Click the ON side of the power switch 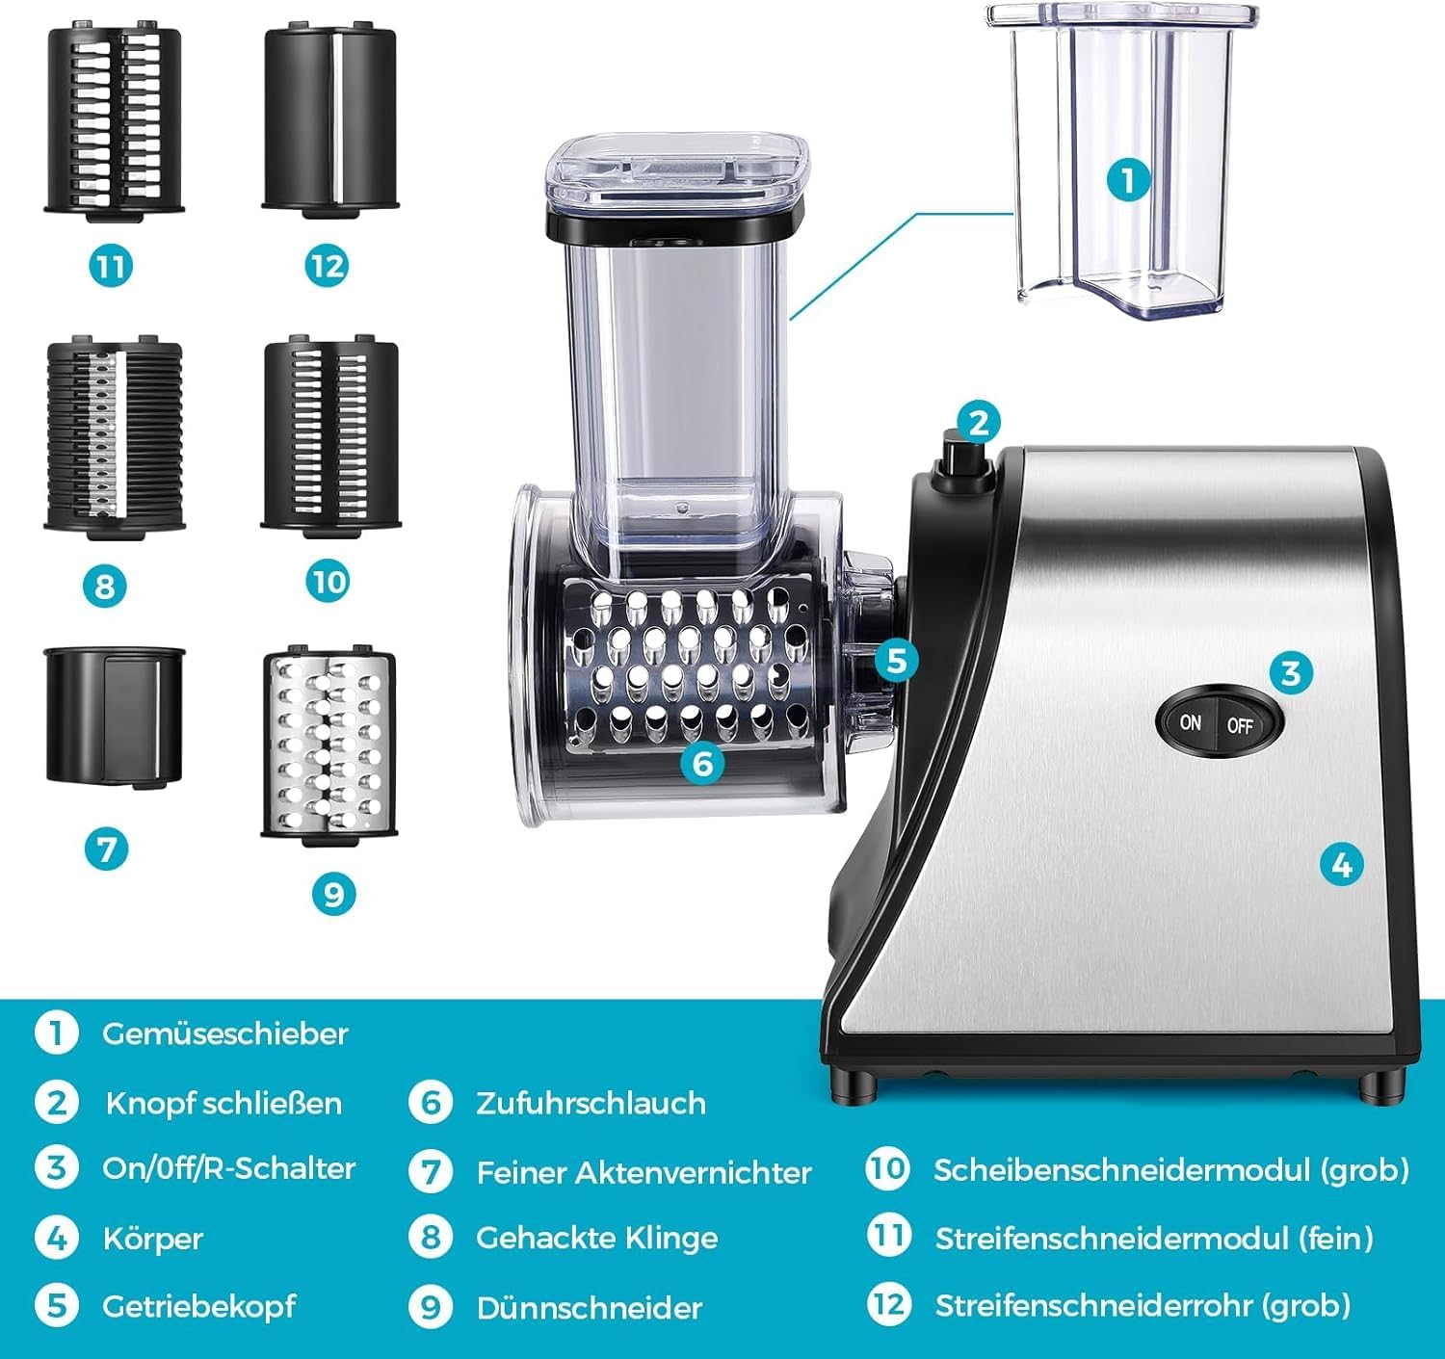(1191, 722)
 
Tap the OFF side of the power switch (1240, 725)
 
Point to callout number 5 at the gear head (896, 661)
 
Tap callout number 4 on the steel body (1341, 864)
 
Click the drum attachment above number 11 (114, 120)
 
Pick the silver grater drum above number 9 (328, 746)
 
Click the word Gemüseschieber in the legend (224, 1033)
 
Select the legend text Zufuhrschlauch (591, 1103)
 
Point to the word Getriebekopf (199, 1306)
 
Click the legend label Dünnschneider (590, 1308)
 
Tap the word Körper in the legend (152, 1238)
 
